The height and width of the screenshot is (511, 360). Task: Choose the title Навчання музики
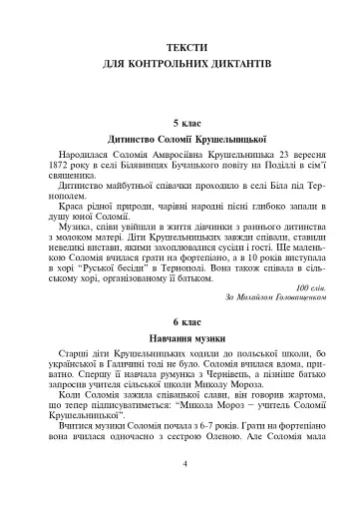pos(180,345)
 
